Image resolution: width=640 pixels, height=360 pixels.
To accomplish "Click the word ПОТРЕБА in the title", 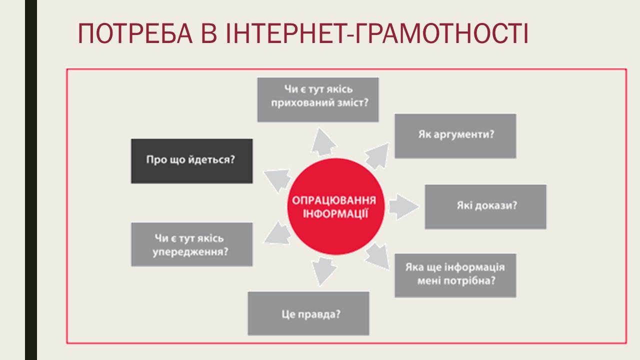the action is click(135, 33).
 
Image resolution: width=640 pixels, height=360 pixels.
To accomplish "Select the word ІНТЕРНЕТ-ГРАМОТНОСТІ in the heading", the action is click(377, 33).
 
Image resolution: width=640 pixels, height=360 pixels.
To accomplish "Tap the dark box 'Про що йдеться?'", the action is click(191, 161).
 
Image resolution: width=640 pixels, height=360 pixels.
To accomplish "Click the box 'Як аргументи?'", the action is click(455, 136).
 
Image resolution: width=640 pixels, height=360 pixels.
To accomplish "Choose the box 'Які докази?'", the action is click(485, 207).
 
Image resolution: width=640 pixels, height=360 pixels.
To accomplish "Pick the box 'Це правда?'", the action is click(308, 313).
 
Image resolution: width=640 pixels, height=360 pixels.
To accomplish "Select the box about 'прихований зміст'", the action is click(318, 99).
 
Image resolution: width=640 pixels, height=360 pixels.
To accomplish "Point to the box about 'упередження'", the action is click(191, 244).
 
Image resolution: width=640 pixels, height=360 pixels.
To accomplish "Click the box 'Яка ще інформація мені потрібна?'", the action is click(455, 275).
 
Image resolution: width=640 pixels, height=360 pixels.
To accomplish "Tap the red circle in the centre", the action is click(335, 206).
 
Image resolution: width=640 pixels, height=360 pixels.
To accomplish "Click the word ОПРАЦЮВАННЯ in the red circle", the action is click(334, 200).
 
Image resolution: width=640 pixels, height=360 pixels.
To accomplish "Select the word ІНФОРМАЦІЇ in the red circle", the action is click(335, 213).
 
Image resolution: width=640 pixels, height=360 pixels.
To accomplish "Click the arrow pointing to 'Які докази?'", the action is click(403, 207).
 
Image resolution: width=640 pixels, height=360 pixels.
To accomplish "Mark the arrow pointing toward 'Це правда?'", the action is click(324, 271).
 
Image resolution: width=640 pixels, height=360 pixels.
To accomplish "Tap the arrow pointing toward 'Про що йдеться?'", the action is click(277, 180).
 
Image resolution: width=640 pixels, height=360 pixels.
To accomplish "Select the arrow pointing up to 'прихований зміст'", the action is click(323, 142).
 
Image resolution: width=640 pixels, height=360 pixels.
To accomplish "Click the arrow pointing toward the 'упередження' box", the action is click(277, 233).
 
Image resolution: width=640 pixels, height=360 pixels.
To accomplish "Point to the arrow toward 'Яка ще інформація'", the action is click(377, 256).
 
